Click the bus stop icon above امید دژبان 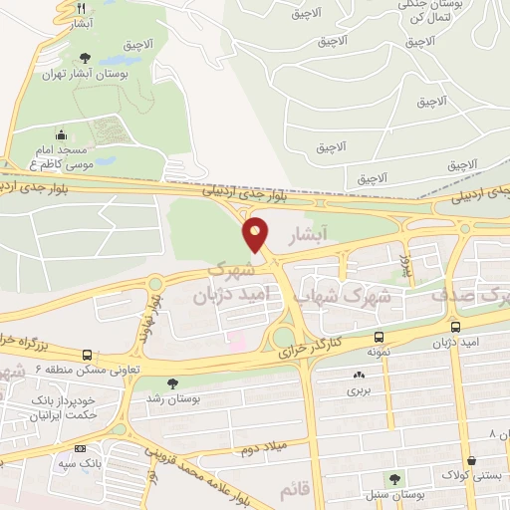click(455, 328)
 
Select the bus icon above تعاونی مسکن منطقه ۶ click(88, 355)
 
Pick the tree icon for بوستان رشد click(173, 382)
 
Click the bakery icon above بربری click(357, 376)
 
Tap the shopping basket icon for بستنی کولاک click(470, 460)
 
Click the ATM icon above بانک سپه click(80, 448)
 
